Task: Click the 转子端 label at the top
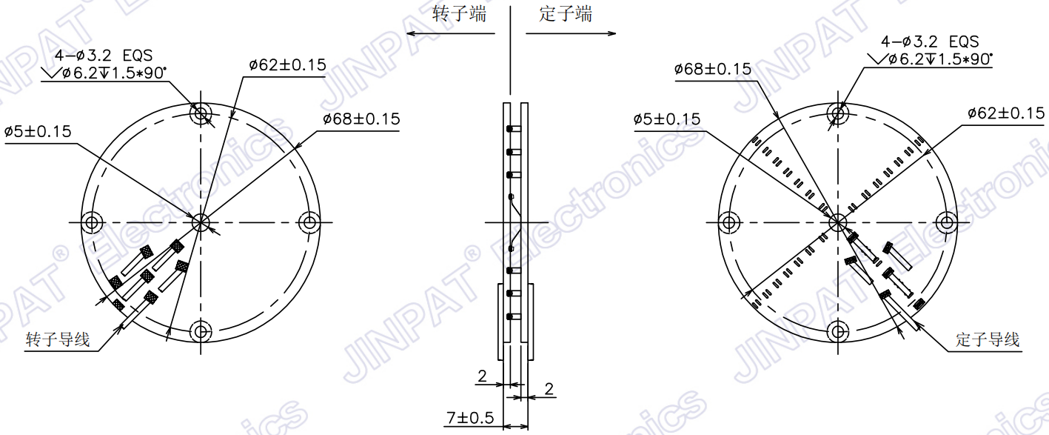pos(460,13)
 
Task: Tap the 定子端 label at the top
pos(566,13)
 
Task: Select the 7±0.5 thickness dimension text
pos(469,419)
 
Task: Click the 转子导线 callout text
pos(58,340)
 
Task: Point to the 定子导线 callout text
pos(988,340)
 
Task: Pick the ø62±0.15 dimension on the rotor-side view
pos(287,65)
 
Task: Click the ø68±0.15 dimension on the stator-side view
pos(712,70)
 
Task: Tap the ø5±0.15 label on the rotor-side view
pos(38,132)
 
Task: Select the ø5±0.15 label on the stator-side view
pos(667,119)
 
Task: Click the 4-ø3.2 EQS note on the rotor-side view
pos(104,54)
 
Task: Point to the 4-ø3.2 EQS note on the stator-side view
pos(930,41)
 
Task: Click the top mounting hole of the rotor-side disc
pos(201,114)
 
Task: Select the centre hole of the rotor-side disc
pos(201,222)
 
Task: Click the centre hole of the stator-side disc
pos(838,222)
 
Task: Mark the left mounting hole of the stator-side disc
pos(730,222)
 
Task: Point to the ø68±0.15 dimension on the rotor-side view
pos(361,119)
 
